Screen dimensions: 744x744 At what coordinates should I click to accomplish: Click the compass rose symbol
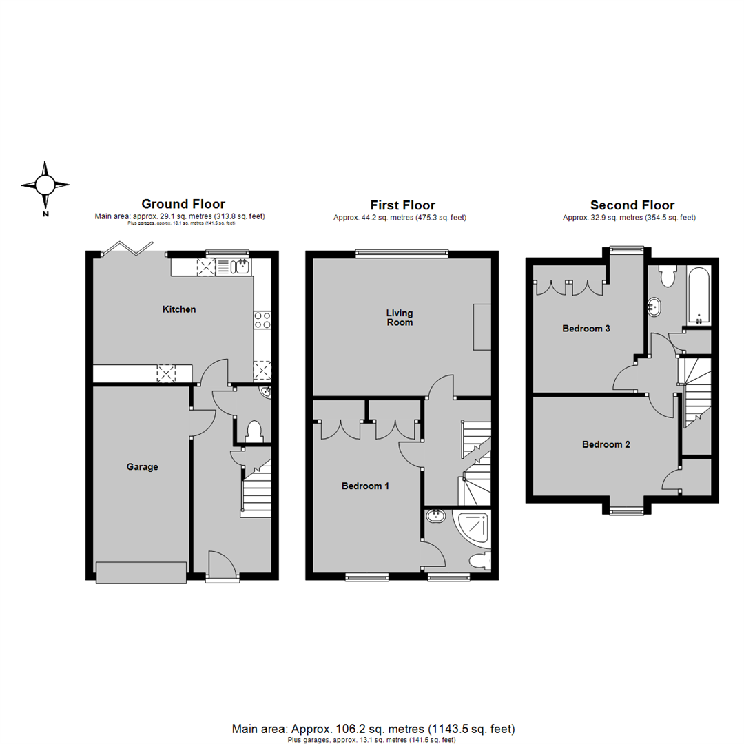click(45, 185)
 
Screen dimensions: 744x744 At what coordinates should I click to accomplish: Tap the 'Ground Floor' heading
click(183, 204)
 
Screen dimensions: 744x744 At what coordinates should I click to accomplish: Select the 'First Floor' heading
click(402, 205)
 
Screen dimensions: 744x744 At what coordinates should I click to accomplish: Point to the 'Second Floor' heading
click(632, 205)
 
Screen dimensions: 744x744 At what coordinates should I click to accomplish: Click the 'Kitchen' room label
click(179, 309)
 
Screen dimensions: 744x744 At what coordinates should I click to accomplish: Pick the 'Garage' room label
click(142, 466)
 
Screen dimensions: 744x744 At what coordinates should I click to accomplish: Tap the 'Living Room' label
click(400, 318)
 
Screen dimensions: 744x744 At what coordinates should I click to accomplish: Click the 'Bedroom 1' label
click(365, 486)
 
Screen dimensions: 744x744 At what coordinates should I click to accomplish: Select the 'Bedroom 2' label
click(606, 444)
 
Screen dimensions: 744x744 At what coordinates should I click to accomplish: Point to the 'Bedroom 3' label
click(586, 329)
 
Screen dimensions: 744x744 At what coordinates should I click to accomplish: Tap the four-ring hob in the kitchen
click(262, 320)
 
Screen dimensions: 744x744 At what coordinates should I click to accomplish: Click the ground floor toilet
click(253, 431)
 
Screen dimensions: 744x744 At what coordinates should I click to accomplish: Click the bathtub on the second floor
click(698, 296)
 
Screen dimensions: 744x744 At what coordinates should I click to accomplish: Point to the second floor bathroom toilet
click(666, 277)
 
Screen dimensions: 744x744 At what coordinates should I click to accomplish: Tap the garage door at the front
click(141, 572)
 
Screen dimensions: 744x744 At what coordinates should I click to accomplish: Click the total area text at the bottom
click(372, 728)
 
